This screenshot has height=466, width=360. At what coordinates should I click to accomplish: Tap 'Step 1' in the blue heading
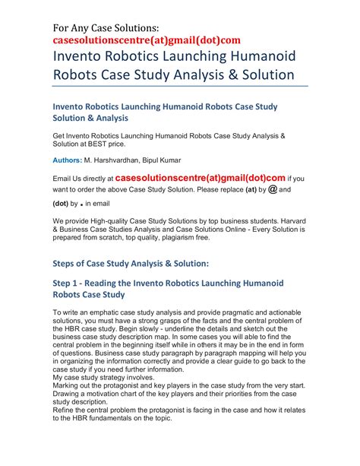pyautogui.click(x=71, y=283)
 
